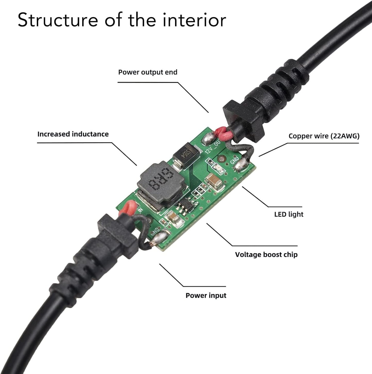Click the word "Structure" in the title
[x=58, y=20]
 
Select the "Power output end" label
[x=148, y=72]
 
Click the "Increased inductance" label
[x=73, y=134]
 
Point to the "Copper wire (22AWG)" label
[x=324, y=136]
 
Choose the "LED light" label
[x=289, y=214]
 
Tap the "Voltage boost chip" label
[x=266, y=255]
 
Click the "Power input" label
[x=206, y=295]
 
